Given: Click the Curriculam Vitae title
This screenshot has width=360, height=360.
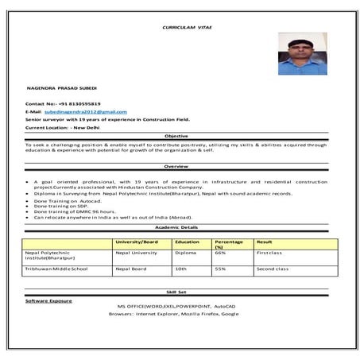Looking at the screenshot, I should tap(188, 27).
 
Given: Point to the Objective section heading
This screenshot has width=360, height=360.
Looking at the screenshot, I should tap(176, 136).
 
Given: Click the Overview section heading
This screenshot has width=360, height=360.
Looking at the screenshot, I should tap(176, 165).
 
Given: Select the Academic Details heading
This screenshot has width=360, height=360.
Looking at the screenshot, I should tap(176, 226).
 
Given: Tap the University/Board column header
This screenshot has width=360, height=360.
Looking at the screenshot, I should tap(136, 241).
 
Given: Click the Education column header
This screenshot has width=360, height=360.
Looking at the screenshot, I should tap(187, 241).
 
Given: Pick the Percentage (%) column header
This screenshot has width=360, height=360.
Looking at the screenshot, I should tap(227, 243).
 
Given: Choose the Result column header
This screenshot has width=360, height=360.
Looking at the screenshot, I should tap(265, 241).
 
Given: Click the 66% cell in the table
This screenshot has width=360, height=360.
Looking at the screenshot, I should tap(220, 253).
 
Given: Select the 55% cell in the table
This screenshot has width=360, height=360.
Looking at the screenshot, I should tap(220, 269).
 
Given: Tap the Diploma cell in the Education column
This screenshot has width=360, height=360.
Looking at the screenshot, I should tap(184, 253).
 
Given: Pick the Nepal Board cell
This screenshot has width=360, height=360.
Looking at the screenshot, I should tap(130, 269).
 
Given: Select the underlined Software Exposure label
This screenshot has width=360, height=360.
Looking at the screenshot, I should tap(48, 300).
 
